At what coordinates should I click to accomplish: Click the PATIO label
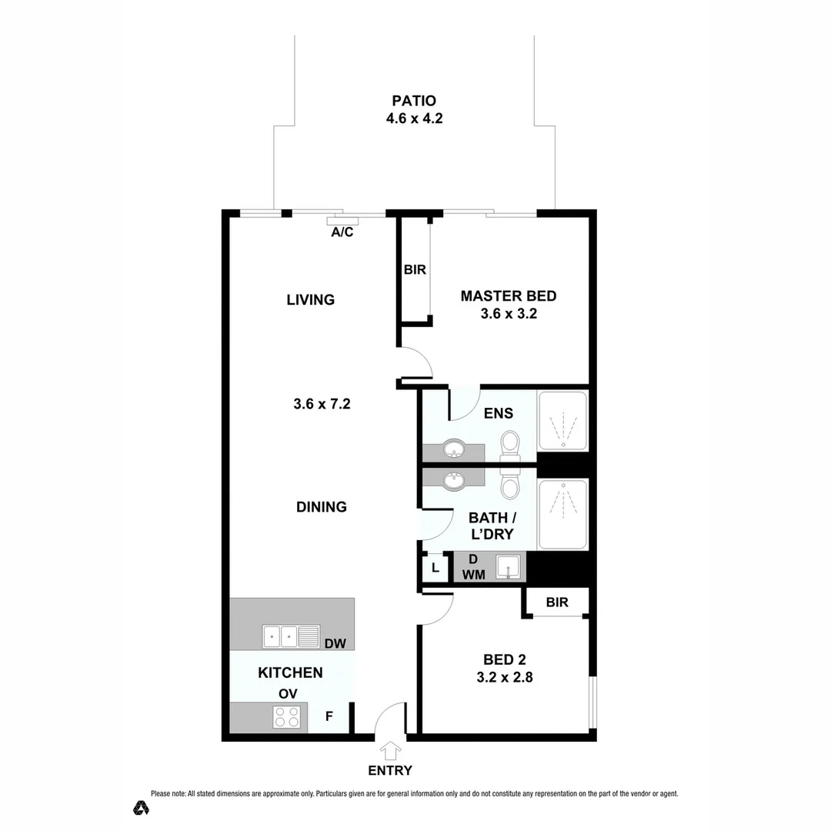point(414,101)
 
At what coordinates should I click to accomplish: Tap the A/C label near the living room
point(342,232)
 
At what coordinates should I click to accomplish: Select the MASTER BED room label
point(508,296)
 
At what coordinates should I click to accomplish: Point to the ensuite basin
point(453,449)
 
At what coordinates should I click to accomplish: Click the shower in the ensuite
point(562,422)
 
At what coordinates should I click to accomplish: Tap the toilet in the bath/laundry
point(509,486)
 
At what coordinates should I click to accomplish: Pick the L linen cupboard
point(436,569)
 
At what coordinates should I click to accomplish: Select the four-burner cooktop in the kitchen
point(287,718)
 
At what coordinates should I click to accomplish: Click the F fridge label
point(329,717)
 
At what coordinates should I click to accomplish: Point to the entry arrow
point(391,750)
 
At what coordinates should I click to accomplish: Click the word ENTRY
point(391,770)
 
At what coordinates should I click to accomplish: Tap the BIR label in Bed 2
point(557,602)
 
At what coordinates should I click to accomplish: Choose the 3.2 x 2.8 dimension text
point(504,678)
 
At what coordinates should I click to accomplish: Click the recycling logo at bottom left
point(141,807)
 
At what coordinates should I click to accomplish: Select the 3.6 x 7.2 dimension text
point(322,403)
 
